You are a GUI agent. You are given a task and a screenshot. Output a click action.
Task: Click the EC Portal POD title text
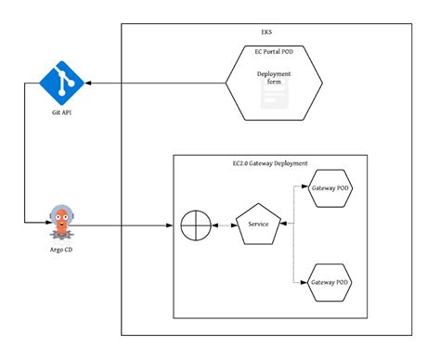(x=274, y=53)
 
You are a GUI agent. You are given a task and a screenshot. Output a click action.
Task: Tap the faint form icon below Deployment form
(x=274, y=99)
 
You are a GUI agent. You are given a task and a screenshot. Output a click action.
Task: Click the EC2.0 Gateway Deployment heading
(x=270, y=163)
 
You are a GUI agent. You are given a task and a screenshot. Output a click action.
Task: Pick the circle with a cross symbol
(x=195, y=225)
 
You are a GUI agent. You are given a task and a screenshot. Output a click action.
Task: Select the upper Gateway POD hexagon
(x=330, y=187)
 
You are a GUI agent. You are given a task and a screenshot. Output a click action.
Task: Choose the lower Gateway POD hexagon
(x=330, y=281)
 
